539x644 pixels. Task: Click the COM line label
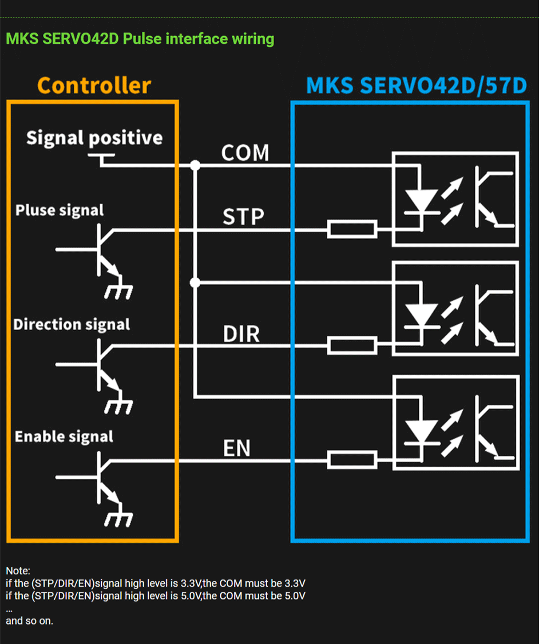click(245, 153)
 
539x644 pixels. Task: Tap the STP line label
click(243, 217)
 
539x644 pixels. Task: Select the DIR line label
click(241, 334)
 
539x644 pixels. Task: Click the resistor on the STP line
click(352, 230)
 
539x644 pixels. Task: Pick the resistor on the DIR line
click(352, 345)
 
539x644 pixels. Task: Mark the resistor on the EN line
click(352, 459)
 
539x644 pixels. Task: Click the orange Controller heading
click(94, 86)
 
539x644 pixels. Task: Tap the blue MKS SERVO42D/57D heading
click(416, 86)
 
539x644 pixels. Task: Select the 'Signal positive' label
click(94, 138)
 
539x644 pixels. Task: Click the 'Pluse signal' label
click(60, 210)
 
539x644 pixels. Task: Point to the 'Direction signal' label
click(72, 324)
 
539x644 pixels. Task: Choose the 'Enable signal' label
click(64, 436)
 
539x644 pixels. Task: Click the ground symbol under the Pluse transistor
click(118, 291)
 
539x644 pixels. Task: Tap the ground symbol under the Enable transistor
click(118, 519)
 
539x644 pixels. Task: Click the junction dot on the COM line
click(195, 165)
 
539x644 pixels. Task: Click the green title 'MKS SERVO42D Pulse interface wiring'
click(140, 39)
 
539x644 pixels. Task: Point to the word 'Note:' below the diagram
click(18, 571)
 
